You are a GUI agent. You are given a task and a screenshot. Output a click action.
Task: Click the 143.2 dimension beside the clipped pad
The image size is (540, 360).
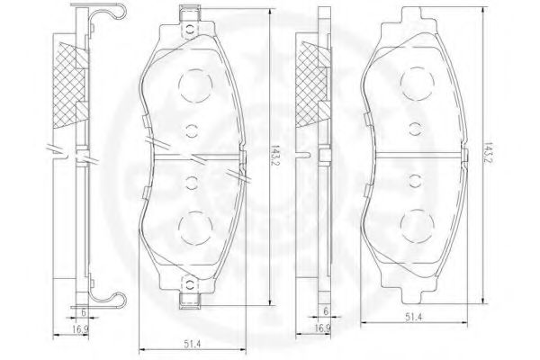tap(274, 156)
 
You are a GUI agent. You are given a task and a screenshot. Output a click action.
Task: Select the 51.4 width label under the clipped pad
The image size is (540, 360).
tap(193, 344)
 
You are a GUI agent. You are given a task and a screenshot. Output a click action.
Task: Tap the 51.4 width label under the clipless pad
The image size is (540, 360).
tap(413, 318)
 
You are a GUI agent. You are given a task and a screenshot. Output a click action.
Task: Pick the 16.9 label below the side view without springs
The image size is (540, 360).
tap(322, 328)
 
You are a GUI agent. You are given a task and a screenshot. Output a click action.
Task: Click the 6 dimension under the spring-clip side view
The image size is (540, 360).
tap(84, 312)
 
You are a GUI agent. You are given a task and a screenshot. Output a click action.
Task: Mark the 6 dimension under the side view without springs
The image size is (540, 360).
tap(326, 311)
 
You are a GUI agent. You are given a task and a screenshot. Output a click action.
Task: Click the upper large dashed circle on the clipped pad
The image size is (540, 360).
tap(195, 85)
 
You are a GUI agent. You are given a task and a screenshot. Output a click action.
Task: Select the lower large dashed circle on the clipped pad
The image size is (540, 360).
tap(195, 228)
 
